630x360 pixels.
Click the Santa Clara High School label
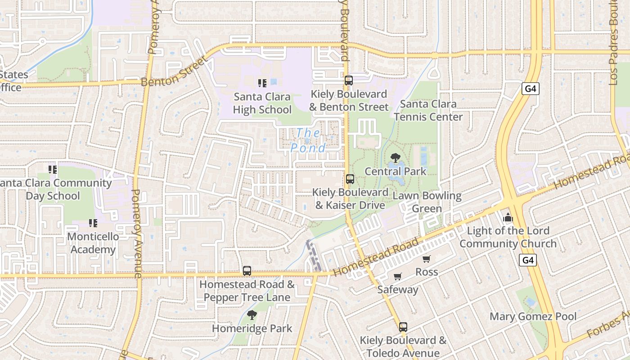coord(262,103)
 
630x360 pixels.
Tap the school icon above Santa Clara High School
coord(262,83)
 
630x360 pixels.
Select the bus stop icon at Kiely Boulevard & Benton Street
coord(349,81)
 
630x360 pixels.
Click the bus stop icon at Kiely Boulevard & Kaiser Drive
coord(350,179)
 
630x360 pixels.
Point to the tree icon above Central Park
coord(395,158)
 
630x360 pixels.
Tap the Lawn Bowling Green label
coord(427,202)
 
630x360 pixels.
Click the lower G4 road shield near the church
coord(528,260)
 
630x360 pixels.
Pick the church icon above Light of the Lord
coord(508,218)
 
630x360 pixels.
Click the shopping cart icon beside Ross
coord(426,259)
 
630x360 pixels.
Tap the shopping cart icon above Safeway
coord(397,276)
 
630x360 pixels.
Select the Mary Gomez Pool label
coord(533,316)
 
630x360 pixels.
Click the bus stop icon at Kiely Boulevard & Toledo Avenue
coord(403,327)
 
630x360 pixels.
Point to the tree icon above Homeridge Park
coord(252,315)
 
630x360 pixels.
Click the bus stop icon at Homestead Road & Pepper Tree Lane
coord(247,271)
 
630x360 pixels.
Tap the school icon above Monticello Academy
coord(93,223)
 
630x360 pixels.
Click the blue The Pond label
coord(308,140)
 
